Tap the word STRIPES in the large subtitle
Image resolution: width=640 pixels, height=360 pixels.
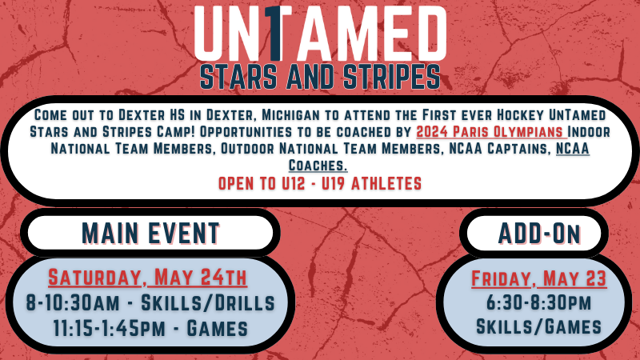click(391, 76)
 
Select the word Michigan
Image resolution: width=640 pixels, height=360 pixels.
click(290, 115)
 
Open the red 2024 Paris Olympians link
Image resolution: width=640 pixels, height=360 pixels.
click(491, 132)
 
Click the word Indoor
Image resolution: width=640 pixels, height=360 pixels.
click(589, 132)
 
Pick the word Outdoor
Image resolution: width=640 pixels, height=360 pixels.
click(248, 149)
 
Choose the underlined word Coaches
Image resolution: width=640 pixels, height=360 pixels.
click(318, 166)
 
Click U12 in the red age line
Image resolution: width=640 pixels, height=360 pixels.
click(293, 184)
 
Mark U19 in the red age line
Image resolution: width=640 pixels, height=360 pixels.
click(333, 184)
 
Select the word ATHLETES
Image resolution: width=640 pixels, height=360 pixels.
click(386, 184)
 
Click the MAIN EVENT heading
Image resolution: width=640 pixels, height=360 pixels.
click(150, 234)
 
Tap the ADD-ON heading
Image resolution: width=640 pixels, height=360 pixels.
click(538, 234)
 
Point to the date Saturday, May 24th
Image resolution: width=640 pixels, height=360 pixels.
click(148, 278)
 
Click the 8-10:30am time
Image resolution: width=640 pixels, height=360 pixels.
click(73, 303)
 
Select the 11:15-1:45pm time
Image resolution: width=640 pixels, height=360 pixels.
click(110, 329)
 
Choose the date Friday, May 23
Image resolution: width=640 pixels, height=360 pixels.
click(538, 278)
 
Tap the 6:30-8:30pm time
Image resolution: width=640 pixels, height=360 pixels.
click(538, 302)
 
